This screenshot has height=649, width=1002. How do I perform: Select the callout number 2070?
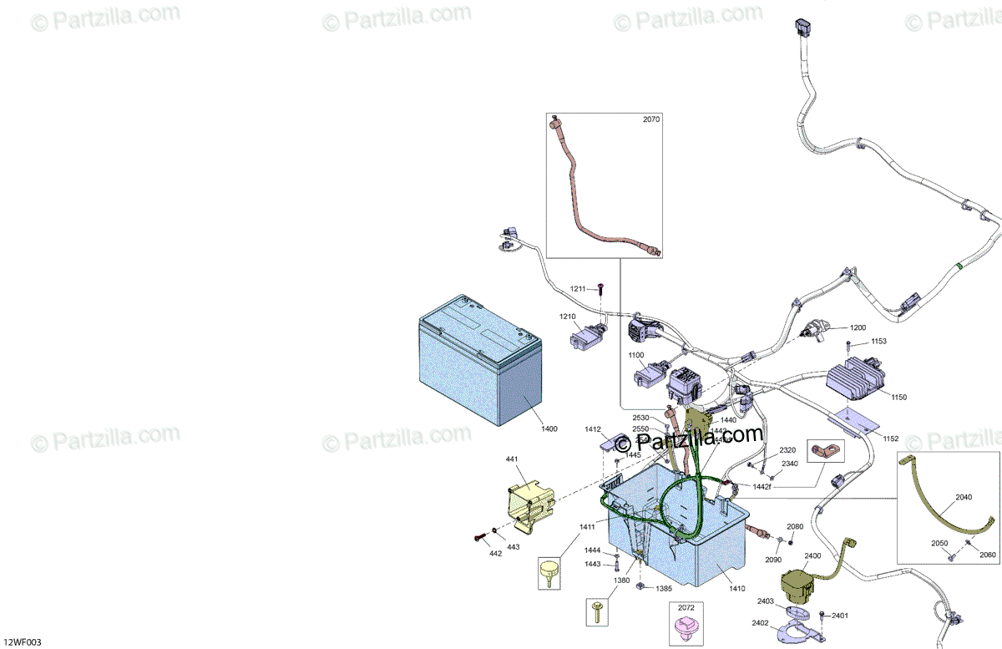point(651,119)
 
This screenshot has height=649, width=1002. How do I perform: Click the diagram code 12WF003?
point(22,642)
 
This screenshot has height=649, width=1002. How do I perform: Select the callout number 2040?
point(964,497)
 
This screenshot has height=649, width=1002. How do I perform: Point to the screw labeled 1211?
point(600,289)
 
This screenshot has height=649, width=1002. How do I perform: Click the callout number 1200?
point(858,327)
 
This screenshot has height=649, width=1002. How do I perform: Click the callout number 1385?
point(664,589)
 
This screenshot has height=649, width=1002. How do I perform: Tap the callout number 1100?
point(636,355)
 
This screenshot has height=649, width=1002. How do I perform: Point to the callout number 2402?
point(760,622)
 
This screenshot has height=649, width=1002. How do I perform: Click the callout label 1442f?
point(762,486)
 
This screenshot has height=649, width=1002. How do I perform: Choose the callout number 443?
point(513,547)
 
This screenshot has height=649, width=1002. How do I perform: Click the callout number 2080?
point(795,526)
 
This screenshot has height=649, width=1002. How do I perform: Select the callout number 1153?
point(878,342)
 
